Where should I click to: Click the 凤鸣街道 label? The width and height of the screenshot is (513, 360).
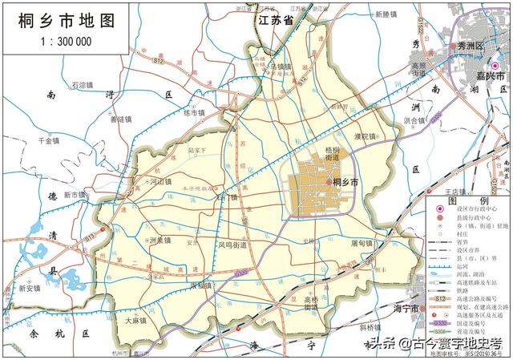(x=232, y=243)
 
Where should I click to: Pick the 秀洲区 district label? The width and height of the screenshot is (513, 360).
(x=473, y=48)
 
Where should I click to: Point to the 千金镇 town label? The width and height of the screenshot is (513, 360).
(x=50, y=140)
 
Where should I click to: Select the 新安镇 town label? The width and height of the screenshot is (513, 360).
(x=30, y=289)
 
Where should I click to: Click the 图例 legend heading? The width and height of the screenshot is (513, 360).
(x=457, y=200)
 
